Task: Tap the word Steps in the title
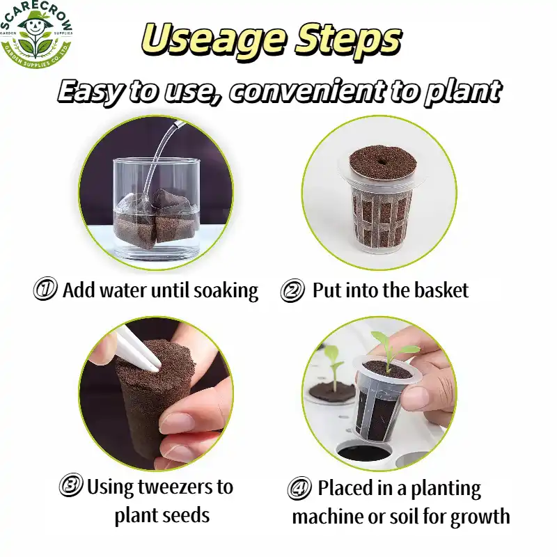(349, 39)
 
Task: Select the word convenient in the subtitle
(307, 92)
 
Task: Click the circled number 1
(45, 289)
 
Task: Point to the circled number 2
(292, 290)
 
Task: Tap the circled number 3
(71, 485)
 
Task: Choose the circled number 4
(299, 488)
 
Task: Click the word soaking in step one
(226, 291)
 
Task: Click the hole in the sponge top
(383, 161)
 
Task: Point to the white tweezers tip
(155, 368)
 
